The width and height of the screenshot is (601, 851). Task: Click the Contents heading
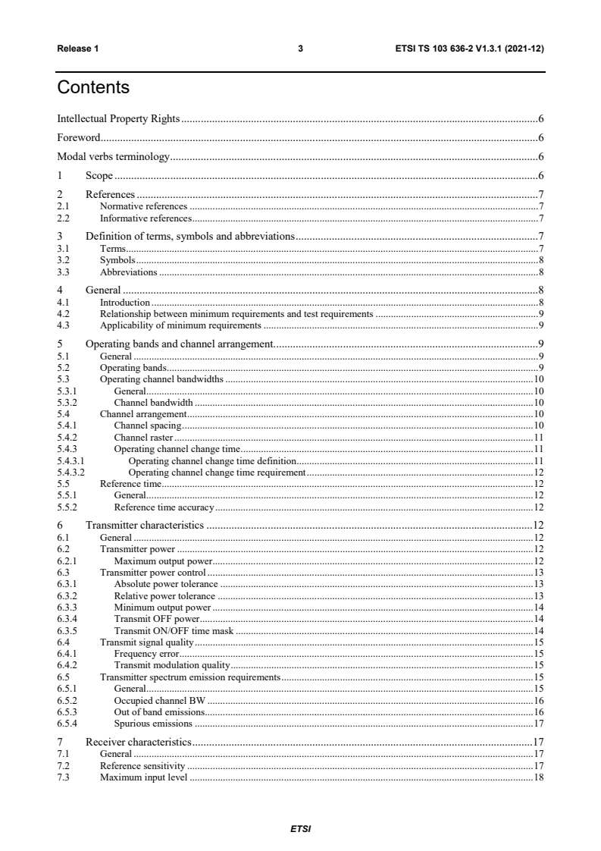point(93,88)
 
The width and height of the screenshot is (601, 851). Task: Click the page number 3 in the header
point(300,49)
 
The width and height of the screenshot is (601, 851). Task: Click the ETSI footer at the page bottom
point(300,828)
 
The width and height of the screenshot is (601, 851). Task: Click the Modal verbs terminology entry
point(114,157)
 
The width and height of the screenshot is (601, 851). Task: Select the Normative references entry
point(143,206)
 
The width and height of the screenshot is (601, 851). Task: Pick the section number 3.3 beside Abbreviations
point(64,272)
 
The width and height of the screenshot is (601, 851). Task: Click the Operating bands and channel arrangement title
point(179,344)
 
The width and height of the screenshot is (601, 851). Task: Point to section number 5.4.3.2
point(70,472)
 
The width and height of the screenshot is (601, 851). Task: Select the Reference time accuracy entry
point(164,506)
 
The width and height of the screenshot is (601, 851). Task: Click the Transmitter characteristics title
point(145,524)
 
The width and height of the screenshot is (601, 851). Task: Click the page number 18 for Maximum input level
point(539,778)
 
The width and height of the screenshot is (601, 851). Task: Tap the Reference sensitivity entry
point(142,767)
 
